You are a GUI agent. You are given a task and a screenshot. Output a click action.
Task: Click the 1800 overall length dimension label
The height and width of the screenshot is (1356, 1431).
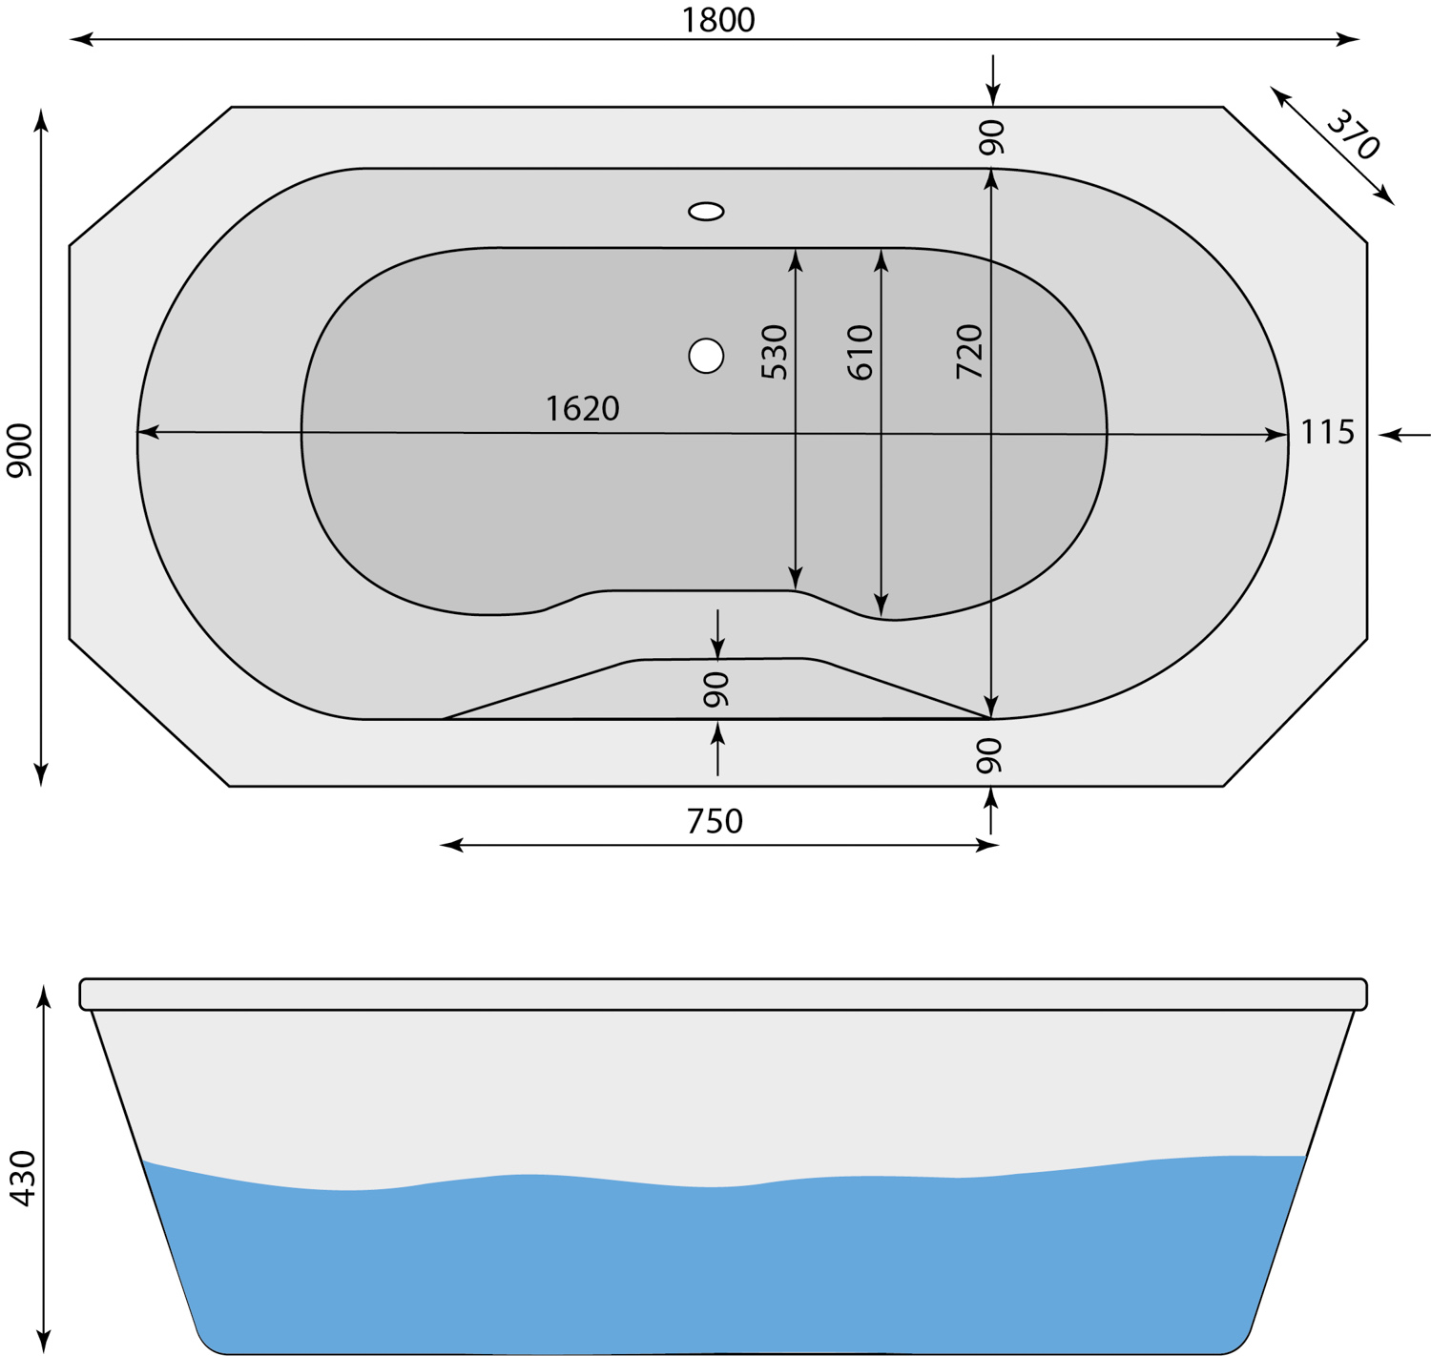coord(717,19)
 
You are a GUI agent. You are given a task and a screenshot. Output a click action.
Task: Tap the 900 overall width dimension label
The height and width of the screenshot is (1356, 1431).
coord(19,450)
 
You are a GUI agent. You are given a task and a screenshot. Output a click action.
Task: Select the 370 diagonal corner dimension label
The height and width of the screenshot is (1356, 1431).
coord(1353,134)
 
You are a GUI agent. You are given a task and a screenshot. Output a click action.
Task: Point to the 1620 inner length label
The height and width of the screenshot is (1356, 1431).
coord(582,408)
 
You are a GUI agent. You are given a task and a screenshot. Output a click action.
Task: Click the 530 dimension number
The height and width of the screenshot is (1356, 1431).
coord(775,352)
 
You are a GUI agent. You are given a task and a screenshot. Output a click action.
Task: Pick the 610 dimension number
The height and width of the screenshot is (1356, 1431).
coord(860,352)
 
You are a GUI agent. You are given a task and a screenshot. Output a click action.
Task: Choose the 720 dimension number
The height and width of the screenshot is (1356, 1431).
coord(968,352)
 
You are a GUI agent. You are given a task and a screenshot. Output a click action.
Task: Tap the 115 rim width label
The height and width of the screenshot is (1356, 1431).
coord(1327,432)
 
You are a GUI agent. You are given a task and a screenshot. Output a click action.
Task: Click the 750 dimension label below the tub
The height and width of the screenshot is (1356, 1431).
coord(715,820)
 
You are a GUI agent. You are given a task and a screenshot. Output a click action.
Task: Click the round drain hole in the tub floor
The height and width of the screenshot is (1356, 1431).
coord(706,356)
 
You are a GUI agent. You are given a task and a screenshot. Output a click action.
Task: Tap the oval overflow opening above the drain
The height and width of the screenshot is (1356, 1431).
coord(706,211)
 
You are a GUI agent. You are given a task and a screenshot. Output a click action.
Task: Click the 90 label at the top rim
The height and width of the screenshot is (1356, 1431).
coord(991,137)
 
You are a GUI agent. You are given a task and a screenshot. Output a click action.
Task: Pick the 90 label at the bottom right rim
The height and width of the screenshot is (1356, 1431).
coord(989,754)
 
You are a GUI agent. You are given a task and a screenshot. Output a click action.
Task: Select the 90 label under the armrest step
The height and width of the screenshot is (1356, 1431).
coord(715,688)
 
